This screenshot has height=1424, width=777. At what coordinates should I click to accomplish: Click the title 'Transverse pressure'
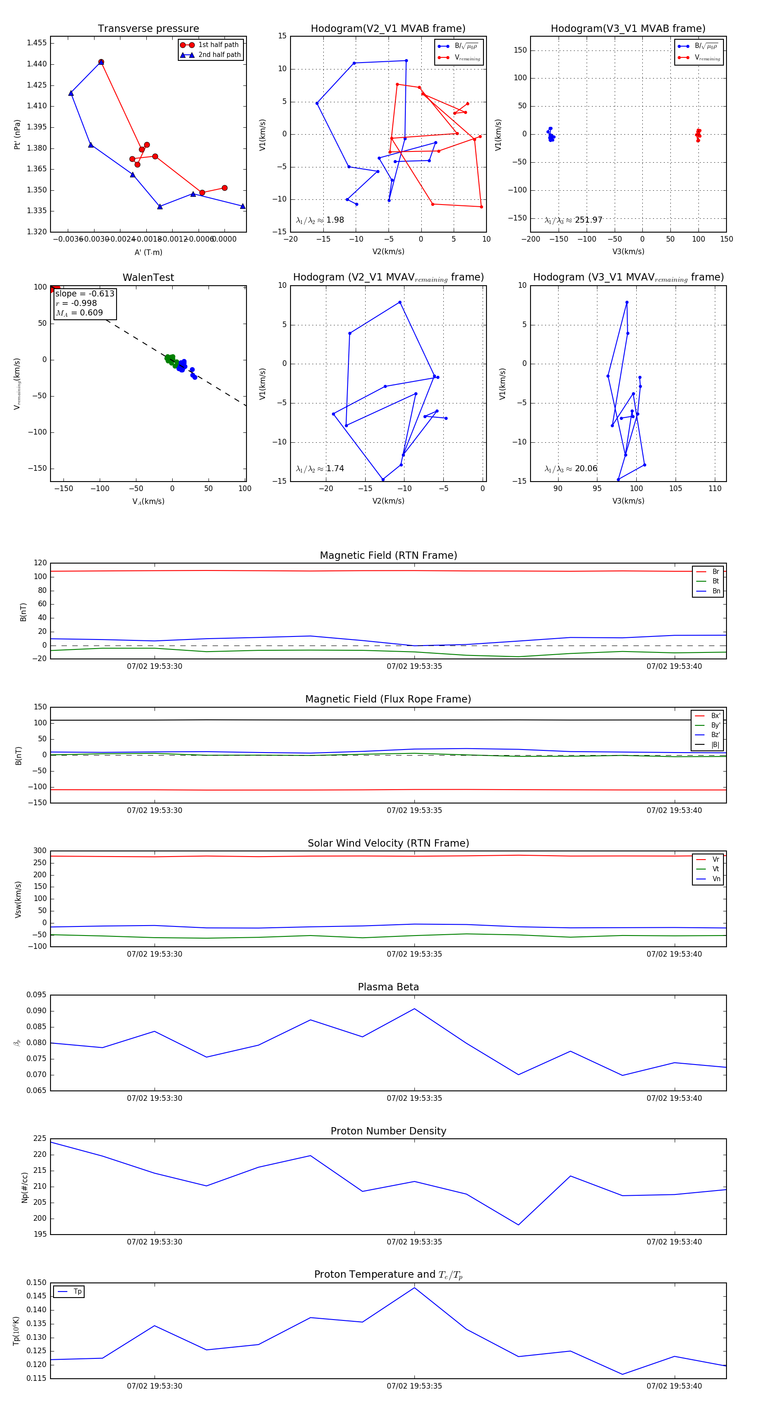[148, 29]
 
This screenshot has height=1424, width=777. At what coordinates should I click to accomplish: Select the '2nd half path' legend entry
[219, 55]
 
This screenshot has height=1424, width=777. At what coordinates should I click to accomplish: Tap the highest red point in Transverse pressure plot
[101, 62]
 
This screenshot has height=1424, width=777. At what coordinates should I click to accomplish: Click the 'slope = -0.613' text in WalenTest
[85, 293]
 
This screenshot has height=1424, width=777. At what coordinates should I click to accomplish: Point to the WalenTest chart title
[148, 277]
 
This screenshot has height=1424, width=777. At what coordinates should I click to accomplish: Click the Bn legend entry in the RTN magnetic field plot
[716, 591]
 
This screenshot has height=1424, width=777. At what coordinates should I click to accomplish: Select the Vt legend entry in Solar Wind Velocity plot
[716, 869]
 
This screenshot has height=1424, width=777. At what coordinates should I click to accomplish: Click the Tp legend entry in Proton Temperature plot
[77, 1292]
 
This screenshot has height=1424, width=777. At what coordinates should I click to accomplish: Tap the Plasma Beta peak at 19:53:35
[414, 1009]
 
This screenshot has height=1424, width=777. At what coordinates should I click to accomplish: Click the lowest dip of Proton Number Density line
[518, 1225]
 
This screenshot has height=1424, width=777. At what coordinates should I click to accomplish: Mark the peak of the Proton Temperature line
[414, 1288]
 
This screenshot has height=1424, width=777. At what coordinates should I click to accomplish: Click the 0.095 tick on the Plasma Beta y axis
[37, 995]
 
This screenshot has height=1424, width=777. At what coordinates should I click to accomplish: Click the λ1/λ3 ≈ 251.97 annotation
[573, 220]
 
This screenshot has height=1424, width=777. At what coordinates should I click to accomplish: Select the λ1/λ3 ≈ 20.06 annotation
[571, 469]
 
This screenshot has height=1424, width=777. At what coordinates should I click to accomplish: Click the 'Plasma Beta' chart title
[388, 987]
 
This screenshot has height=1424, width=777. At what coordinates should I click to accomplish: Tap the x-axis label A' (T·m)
[148, 252]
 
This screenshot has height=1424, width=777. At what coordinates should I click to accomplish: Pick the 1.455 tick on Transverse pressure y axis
[37, 43]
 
